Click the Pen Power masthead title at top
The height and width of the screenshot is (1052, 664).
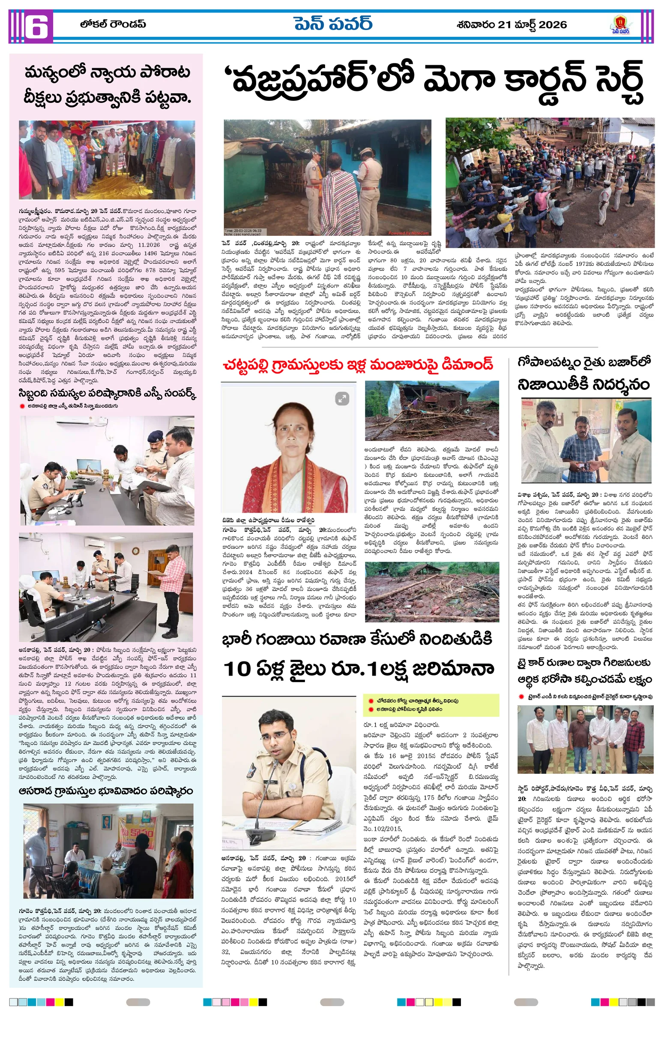[333, 24]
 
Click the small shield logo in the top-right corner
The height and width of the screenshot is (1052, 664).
[620, 25]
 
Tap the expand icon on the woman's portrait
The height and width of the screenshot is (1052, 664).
[342, 398]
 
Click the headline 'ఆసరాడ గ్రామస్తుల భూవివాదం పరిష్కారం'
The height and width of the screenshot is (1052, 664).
[106, 791]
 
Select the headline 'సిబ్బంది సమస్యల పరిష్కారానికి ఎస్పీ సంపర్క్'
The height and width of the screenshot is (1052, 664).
[108, 394]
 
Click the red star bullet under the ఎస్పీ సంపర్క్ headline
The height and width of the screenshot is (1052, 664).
[21, 406]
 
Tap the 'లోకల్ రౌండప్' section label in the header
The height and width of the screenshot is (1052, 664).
[113, 24]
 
